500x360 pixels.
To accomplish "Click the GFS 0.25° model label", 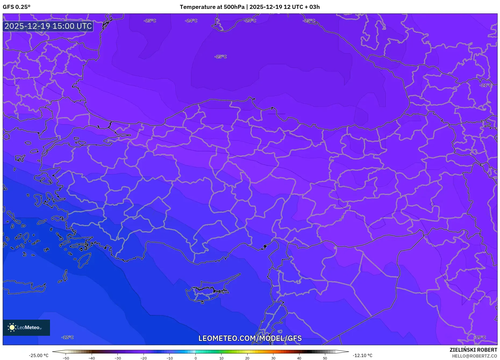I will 16,7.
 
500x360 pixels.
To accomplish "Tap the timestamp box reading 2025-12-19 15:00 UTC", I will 48,26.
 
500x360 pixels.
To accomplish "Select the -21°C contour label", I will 485,85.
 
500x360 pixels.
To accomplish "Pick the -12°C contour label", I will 67,337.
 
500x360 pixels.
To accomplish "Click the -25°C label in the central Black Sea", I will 220,57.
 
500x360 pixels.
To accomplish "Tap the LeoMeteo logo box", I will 26,327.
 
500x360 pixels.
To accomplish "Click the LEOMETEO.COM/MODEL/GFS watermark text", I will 250,338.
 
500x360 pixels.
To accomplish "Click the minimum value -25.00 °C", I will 39,355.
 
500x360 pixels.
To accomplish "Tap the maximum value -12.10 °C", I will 362,355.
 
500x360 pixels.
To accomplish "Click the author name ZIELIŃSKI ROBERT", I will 473,350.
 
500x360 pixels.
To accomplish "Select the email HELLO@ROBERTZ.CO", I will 474,356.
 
